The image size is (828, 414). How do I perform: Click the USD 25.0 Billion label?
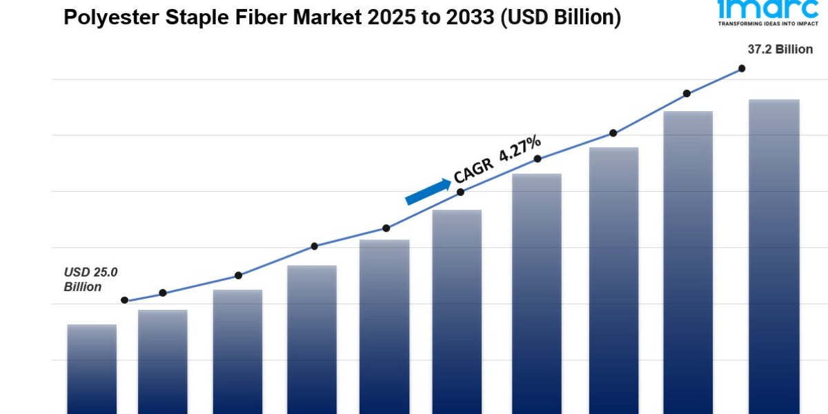tap(90, 279)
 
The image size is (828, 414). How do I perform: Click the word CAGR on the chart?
tap(474, 168)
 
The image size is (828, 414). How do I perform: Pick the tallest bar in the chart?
tap(773, 255)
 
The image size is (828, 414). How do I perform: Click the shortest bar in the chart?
tap(92, 369)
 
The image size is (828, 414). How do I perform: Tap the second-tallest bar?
tap(687, 262)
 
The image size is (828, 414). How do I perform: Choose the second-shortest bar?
tap(163, 362)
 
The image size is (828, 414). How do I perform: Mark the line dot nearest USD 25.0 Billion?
tap(125, 300)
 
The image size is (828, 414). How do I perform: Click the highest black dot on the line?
tap(742, 68)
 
